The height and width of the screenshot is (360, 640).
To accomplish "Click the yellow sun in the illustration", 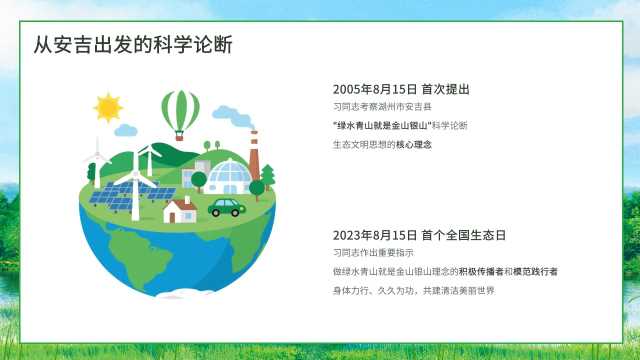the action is [x=108, y=107].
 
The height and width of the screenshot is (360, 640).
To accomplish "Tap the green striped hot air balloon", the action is [x=180, y=110].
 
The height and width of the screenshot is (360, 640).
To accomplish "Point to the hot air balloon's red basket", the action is [x=179, y=136].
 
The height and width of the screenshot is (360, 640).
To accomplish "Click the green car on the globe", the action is [x=227, y=207].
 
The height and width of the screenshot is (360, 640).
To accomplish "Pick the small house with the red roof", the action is [x=180, y=210].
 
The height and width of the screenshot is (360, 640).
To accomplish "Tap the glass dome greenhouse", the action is [x=228, y=176].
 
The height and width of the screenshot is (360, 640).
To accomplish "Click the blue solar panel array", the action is [x=131, y=195].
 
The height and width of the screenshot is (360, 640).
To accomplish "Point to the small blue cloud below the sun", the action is [x=126, y=131].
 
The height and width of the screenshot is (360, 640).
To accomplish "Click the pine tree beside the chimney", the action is [x=268, y=177].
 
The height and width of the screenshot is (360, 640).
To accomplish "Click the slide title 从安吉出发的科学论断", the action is [x=133, y=44].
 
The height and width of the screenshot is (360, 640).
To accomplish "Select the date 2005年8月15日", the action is [x=375, y=89].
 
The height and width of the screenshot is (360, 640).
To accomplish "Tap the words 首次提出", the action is [x=445, y=89].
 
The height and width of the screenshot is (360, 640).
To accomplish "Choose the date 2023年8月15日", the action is [x=375, y=235].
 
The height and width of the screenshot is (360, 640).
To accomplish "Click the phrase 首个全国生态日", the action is [x=464, y=235].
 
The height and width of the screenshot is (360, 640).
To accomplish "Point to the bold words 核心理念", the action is [x=413, y=144].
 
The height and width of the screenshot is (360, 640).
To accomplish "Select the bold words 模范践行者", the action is [x=535, y=271].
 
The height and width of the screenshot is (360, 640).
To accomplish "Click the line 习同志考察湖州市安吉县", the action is [x=382, y=107].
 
